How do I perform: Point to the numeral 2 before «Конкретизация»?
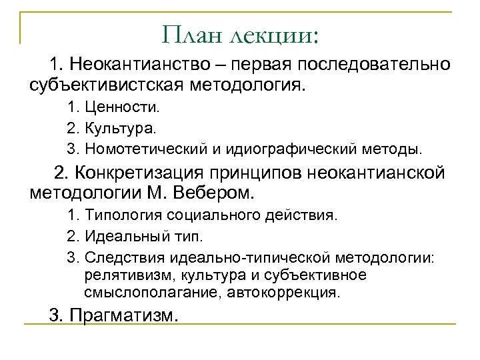pyautogui.click(x=60, y=174)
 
